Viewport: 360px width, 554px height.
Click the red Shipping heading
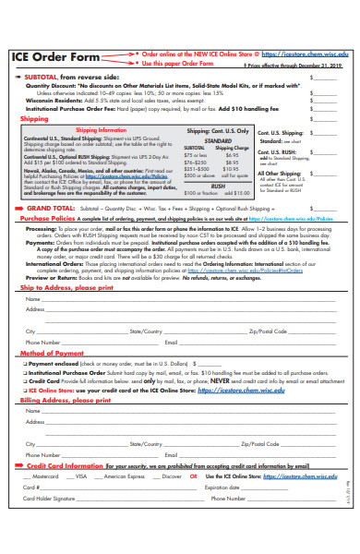[x=34, y=119]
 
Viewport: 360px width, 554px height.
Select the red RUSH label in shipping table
[x=218, y=185]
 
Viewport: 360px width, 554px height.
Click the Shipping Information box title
[x=101, y=131]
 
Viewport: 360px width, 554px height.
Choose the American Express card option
[x=124, y=476]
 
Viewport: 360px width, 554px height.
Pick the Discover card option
[x=172, y=476]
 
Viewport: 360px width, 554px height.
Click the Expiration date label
[x=222, y=487]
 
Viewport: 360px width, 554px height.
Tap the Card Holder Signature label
[x=48, y=498]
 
